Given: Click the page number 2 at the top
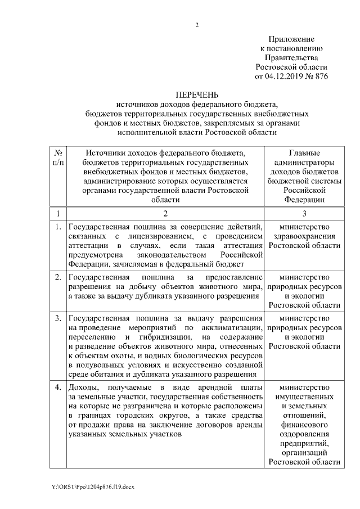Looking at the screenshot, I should point(196,25).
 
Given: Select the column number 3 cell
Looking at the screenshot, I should point(304,213).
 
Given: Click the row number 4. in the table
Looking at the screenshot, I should point(58,388).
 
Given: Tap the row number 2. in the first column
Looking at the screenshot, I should point(58,278).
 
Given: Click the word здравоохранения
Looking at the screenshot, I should point(304,236).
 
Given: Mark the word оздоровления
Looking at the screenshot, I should point(304,434).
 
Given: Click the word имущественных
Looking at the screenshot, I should point(304,398).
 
